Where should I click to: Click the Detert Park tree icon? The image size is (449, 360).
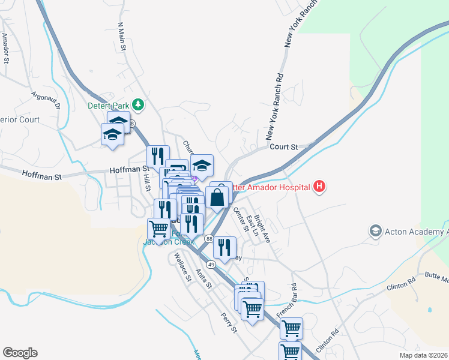tap(139, 106)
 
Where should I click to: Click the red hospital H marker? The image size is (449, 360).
tap(319, 187)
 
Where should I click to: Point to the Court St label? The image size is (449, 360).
tap(284, 146)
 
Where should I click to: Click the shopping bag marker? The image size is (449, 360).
tap(217, 196)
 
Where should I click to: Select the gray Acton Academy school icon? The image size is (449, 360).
tap(375, 231)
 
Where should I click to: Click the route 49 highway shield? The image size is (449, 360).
tap(211, 264)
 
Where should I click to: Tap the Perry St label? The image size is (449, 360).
tap(229, 323)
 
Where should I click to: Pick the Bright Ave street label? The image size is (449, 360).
tap(262, 229)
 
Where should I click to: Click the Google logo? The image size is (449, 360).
tap(20, 353)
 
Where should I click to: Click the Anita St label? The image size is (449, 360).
tap(203, 278)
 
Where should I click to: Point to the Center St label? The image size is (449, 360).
tap(240, 219)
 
